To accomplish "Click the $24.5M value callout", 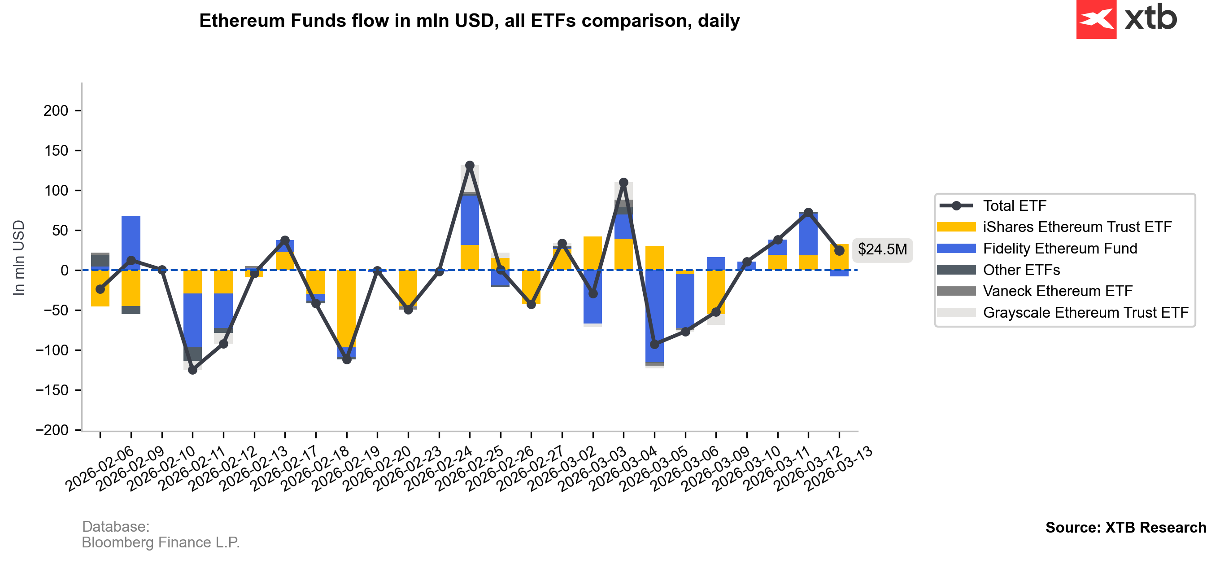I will click(882, 249).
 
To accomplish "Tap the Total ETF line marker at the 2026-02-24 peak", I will click(469, 166).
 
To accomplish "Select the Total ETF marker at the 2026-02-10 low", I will click(192, 370).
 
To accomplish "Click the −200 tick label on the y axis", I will click(52, 430).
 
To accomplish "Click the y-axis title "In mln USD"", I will click(18, 258).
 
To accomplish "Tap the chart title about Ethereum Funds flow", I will click(469, 21).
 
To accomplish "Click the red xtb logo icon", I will click(1096, 19).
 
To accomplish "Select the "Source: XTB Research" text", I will click(1125, 528).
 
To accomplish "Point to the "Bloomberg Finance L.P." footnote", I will click(161, 542).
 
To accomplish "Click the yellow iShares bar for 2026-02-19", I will click(346, 308).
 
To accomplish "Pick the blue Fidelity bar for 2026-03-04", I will click(654, 315).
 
